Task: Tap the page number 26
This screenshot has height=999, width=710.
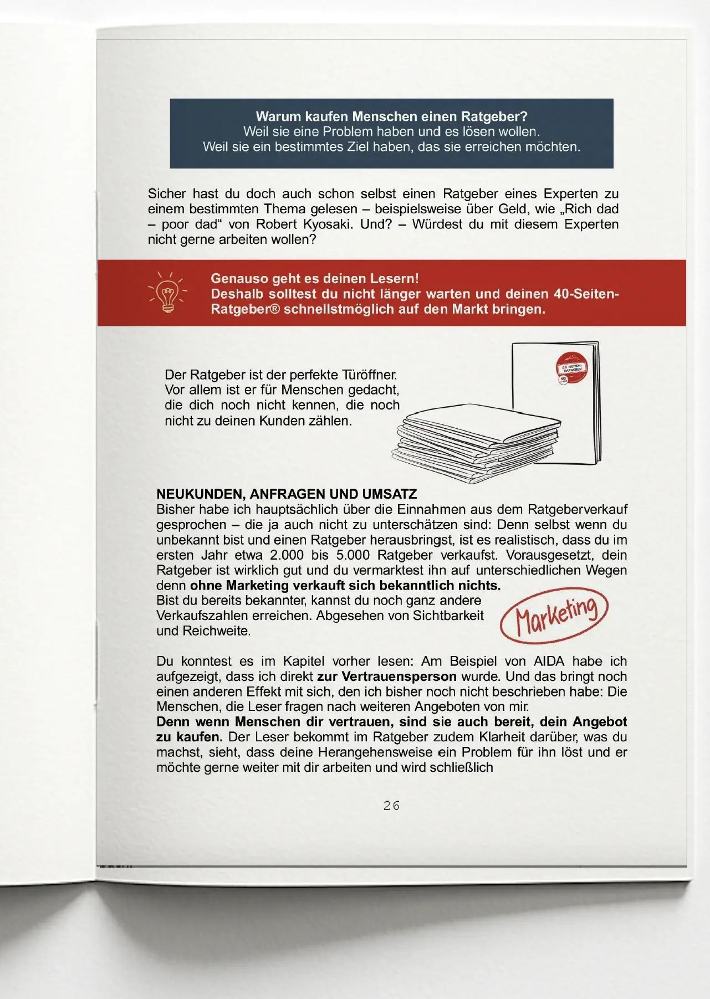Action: (391, 806)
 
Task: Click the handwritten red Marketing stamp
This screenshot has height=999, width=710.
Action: (554, 616)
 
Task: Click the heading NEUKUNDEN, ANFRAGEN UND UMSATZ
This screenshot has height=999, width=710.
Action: (287, 494)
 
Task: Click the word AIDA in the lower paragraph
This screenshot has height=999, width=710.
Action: (548, 661)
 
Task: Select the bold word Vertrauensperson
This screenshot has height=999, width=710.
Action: (399, 677)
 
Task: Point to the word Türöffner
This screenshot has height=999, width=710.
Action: (370, 375)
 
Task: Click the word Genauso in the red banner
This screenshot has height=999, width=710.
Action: (238, 279)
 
